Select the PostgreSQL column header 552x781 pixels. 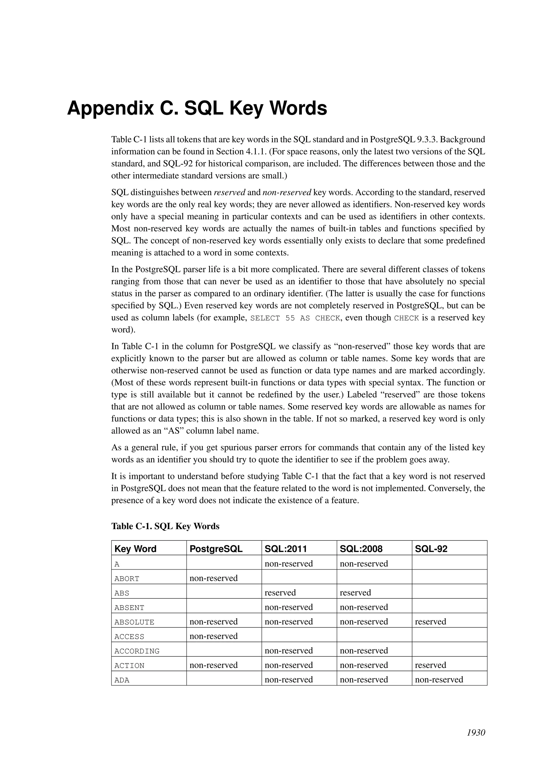pos(216,549)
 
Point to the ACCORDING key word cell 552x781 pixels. pos(137,651)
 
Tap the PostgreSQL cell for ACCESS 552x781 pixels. pos(213,636)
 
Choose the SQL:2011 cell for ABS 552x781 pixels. pos(280,592)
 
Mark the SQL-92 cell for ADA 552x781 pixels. pos(439,680)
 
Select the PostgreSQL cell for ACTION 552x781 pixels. pos(213,665)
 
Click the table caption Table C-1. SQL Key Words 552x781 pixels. pos(165,526)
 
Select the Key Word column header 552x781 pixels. pos(135,549)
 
